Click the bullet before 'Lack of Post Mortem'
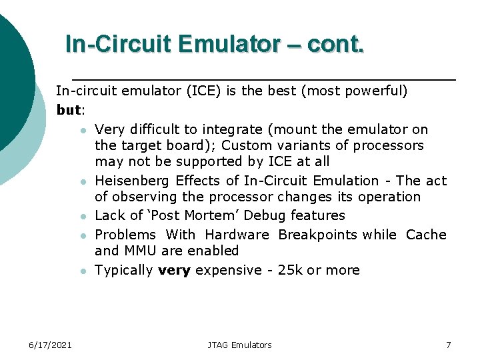81,217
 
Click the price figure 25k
288,270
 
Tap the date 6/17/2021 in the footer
51,345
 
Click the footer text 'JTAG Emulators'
239,345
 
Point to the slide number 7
448,345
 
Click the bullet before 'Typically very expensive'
81,271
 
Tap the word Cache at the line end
426,235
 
